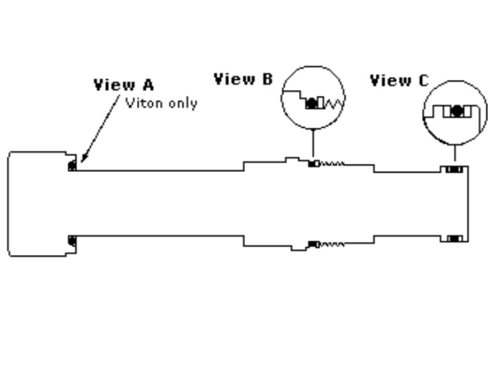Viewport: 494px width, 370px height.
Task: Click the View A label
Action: [x=124, y=85]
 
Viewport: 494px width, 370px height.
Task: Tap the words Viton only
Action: [x=161, y=102]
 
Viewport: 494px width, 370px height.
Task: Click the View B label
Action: [x=243, y=79]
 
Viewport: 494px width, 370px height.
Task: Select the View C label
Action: [x=399, y=81]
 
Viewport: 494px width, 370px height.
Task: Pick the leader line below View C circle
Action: [x=455, y=153]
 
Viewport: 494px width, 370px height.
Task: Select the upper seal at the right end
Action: [x=454, y=170]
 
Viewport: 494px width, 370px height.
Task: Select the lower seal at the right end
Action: [x=454, y=238]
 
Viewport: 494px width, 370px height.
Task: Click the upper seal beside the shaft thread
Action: [x=313, y=163]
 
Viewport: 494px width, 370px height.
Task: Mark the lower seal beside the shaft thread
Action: [x=313, y=244]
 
